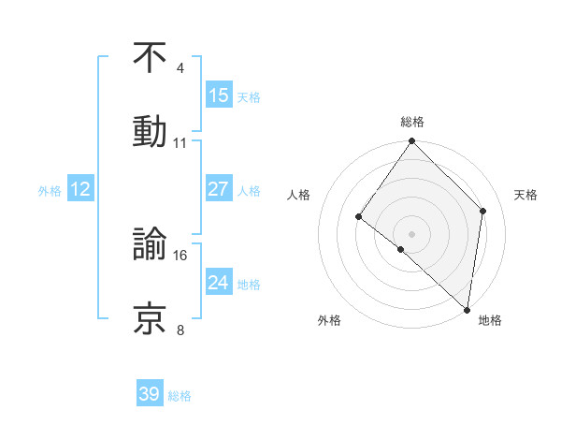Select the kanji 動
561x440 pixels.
pyautogui.click(x=150, y=131)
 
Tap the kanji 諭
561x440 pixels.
pyautogui.click(x=150, y=244)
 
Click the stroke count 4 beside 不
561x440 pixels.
pyautogui.click(x=180, y=68)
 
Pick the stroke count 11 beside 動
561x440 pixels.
pyautogui.click(x=180, y=143)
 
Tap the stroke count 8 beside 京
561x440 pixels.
pyautogui.click(x=180, y=330)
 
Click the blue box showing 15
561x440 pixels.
pyautogui.click(x=219, y=95)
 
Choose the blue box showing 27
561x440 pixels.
pyautogui.click(x=219, y=189)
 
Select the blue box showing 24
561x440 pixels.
pyautogui.click(x=219, y=283)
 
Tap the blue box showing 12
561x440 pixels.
pyautogui.click(x=80, y=189)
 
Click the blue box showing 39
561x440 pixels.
pyautogui.click(x=150, y=394)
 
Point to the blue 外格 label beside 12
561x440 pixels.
pyautogui.click(x=50, y=191)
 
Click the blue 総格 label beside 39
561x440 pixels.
pyautogui.click(x=180, y=396)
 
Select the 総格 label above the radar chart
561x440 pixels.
pyautogui.click(x=412, y=122)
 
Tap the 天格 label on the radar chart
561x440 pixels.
pyautogui.click(x=526, y=195)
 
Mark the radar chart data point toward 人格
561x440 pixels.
pyautogui.click(x=358, y=217)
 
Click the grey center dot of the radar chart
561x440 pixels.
pyautogui.click(x=412, y=233)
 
